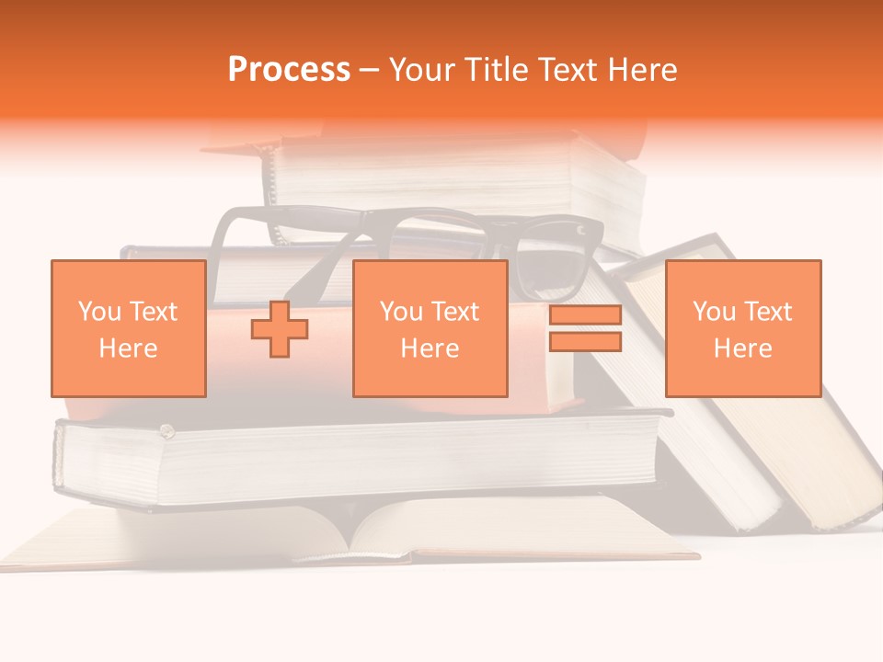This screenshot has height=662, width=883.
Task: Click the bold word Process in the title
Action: point(289,70)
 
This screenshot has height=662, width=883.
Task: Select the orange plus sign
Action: point(279,329)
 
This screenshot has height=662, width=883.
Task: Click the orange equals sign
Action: point(585,328)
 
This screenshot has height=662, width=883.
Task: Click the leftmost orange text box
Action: point(128,328)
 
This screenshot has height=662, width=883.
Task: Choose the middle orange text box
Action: point(430,328)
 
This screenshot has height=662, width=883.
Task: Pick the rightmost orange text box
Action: point(742,328)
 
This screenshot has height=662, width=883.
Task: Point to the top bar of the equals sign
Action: point(585,315)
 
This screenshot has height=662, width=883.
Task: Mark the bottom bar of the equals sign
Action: point(585,341)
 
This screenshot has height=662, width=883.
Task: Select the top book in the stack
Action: point(451,179)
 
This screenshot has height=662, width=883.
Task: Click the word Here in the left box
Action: point(128,348)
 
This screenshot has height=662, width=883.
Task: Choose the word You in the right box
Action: point(714,312)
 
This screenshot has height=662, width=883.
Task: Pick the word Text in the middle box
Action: point(454,312)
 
